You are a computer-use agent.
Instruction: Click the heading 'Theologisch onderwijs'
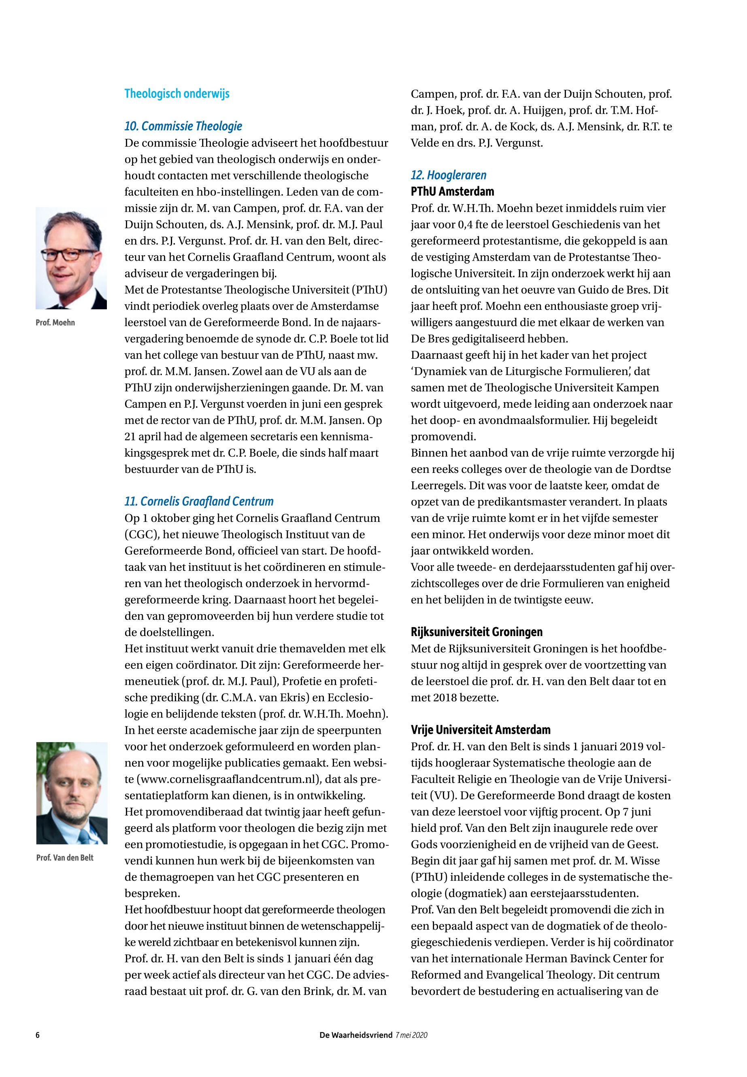click(177, 94)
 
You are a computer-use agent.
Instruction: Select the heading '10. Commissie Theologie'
click(183, 126)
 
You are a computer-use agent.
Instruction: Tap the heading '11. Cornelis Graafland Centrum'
click(198, 501)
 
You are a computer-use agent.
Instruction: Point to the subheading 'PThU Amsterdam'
click(452, 192)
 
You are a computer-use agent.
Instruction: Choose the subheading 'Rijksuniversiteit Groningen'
click(477, 632)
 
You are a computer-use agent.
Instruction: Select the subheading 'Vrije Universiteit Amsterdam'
click(480, 730)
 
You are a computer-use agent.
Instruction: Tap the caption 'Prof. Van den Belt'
click(65, 858)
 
